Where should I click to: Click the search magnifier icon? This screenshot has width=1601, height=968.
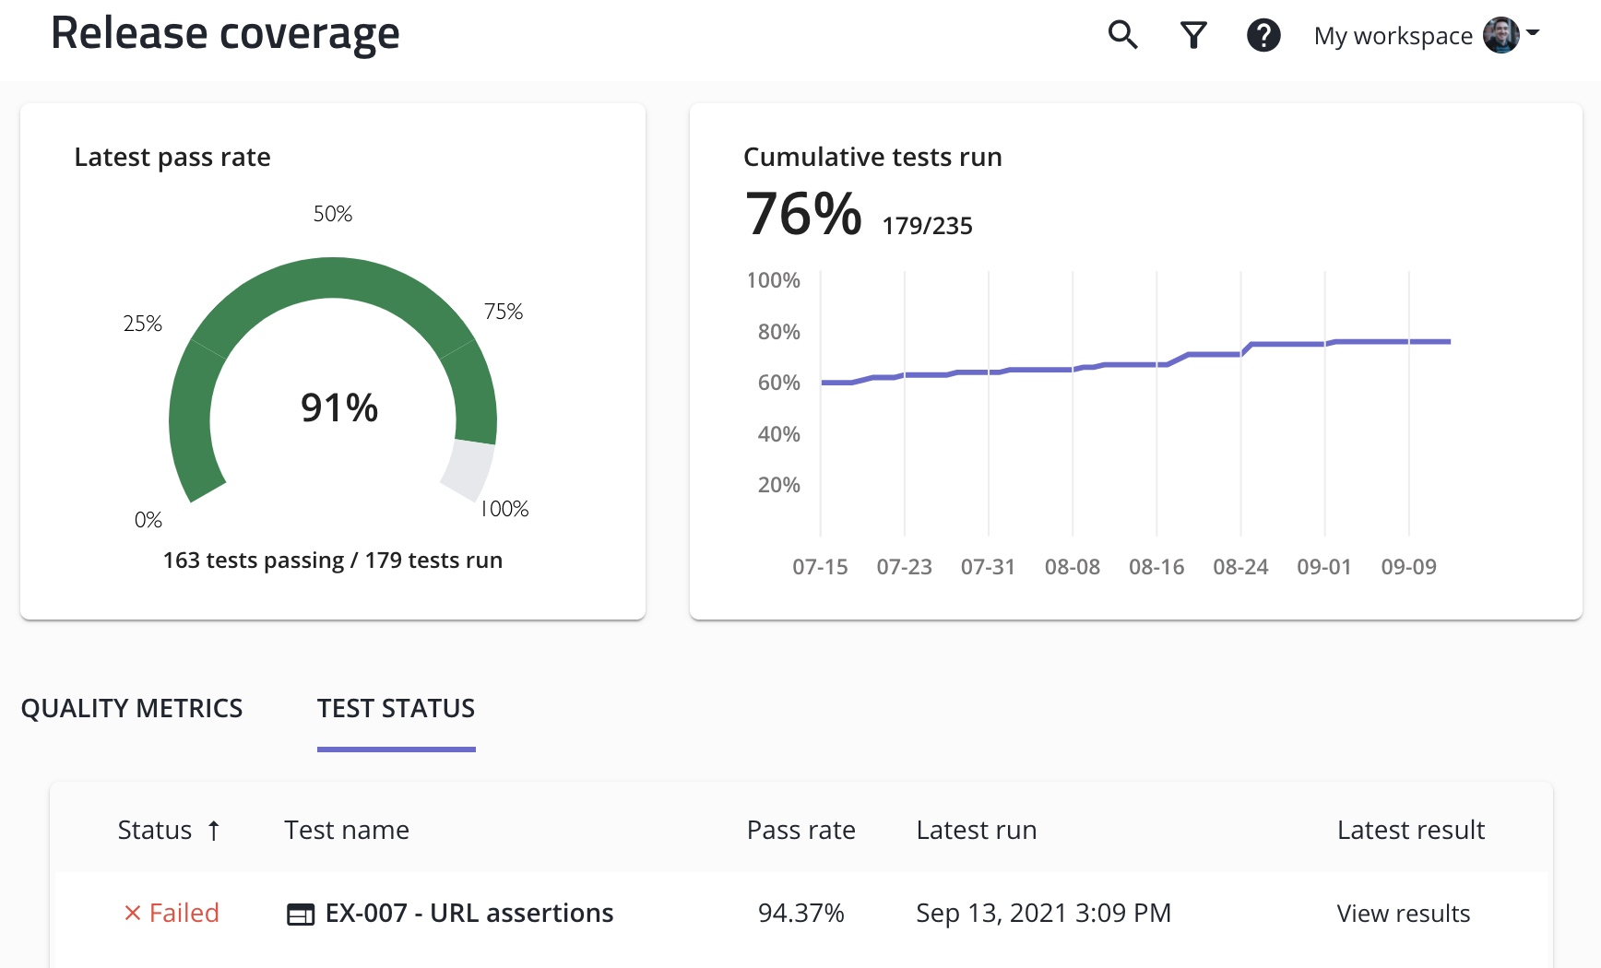[x=1122, y=35]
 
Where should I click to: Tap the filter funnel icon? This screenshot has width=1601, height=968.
[x=1193, y=35]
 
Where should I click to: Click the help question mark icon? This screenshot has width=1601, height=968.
[x=1263, y=35]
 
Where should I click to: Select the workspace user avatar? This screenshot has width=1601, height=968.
[x=1500, y=35]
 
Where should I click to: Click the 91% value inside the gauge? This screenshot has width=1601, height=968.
[x=339, y=407]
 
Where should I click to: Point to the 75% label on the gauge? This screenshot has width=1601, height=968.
[x=504, y=312]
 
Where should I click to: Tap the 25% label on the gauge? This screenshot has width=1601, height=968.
[x=143, y=324]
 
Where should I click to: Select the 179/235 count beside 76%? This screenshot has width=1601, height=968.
[x=927, y=226]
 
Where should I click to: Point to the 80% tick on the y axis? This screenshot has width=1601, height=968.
[x=778, y=332]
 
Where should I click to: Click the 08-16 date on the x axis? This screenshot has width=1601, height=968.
[x=1156, y=567]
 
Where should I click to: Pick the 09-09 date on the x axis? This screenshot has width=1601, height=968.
[x=1408, y=567]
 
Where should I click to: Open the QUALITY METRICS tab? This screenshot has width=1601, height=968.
[x=132, y=708]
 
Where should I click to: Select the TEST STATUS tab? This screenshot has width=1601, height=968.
[x=396, y=708]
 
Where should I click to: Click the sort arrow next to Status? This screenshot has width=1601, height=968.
[x=214, y=831]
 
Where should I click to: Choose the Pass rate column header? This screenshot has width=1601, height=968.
[x=800, y=831]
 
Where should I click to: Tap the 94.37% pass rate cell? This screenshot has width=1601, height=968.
[x=800, y=913]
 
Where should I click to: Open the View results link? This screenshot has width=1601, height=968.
[x=1403, y=913]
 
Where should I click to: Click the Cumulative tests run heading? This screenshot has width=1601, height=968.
[x=872, y=157]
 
